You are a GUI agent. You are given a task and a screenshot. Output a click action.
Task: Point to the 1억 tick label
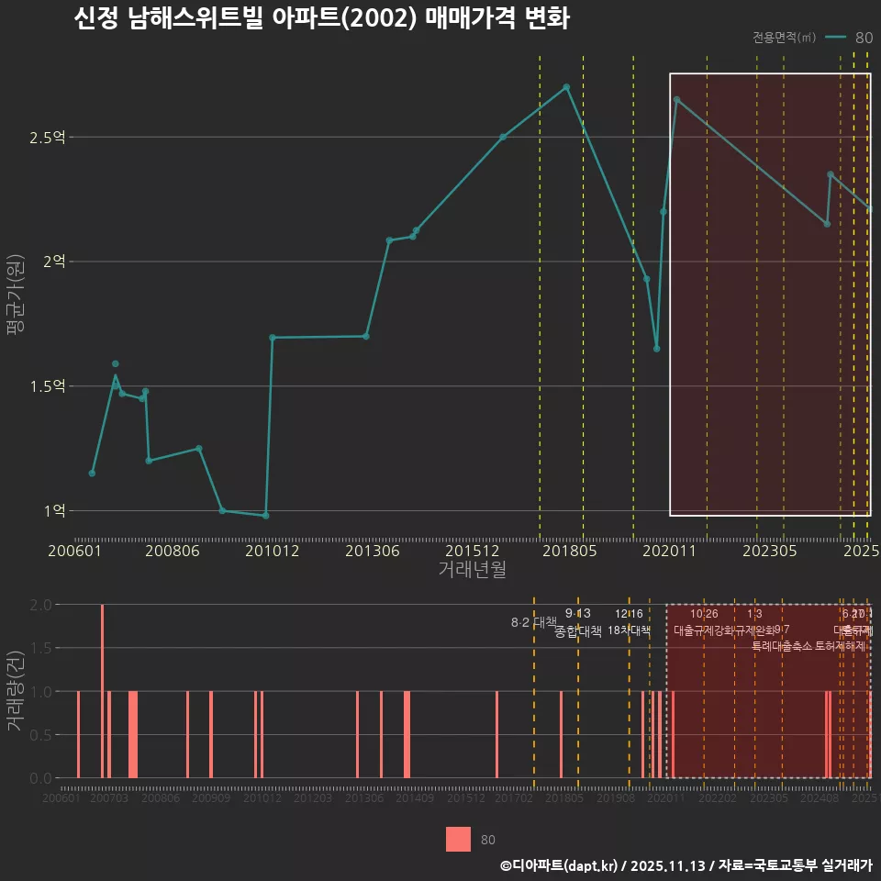pyautogui.click(x=53, y=510)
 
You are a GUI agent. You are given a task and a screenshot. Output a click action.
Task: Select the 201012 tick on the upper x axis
pyautogui.click(x=272, y=551)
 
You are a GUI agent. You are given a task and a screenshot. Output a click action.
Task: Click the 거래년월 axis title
pyautogui.click(x=472, y=569)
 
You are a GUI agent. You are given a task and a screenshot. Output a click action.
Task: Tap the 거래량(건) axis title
pyautogui.click(x=15, y=691)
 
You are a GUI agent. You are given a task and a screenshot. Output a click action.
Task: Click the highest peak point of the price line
pyautogui.click(x=566, y=87)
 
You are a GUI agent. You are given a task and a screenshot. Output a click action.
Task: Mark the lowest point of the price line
pyautogui.click(x=265, y=516)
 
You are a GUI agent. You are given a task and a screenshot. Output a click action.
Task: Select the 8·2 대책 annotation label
pyautogui.click(x=533, y=622)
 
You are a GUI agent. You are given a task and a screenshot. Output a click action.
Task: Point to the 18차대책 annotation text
pyautogui.click(x=629, y=630)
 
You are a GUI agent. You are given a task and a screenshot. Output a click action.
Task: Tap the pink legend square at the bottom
pyautogui.click(x=458, y=840)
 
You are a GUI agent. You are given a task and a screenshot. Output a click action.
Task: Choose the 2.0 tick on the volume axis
pyautogui.click(x=40, y=605)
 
